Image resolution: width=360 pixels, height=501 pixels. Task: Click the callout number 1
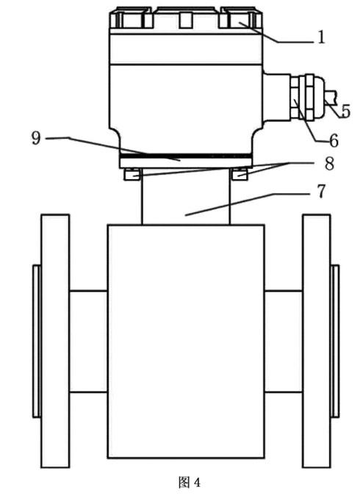321,37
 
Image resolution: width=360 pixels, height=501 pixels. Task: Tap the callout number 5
345,110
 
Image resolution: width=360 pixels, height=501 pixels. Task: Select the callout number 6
334,140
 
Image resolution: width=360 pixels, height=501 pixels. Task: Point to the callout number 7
321,191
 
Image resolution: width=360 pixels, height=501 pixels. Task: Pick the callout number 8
329,163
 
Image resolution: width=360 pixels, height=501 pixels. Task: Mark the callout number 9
36,138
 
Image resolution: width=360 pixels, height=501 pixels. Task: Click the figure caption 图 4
190,482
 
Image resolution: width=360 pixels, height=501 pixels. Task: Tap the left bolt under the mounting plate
132,174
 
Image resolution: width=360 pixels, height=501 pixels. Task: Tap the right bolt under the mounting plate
240,174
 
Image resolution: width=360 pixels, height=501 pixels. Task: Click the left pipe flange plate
55,341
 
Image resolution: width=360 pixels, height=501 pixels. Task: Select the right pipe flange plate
317,341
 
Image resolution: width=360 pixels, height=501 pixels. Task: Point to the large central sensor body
186,342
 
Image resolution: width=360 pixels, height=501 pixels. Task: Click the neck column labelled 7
185,196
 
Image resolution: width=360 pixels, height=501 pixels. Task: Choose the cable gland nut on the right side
303,96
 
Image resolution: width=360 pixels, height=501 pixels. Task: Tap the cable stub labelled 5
331,98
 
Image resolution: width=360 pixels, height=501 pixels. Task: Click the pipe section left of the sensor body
88,342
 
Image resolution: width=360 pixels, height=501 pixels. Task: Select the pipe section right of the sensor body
284,342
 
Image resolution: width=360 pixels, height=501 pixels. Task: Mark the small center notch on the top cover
184,20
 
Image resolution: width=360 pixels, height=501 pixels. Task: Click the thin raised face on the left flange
37,341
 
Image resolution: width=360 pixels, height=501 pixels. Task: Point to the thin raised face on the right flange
335,341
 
